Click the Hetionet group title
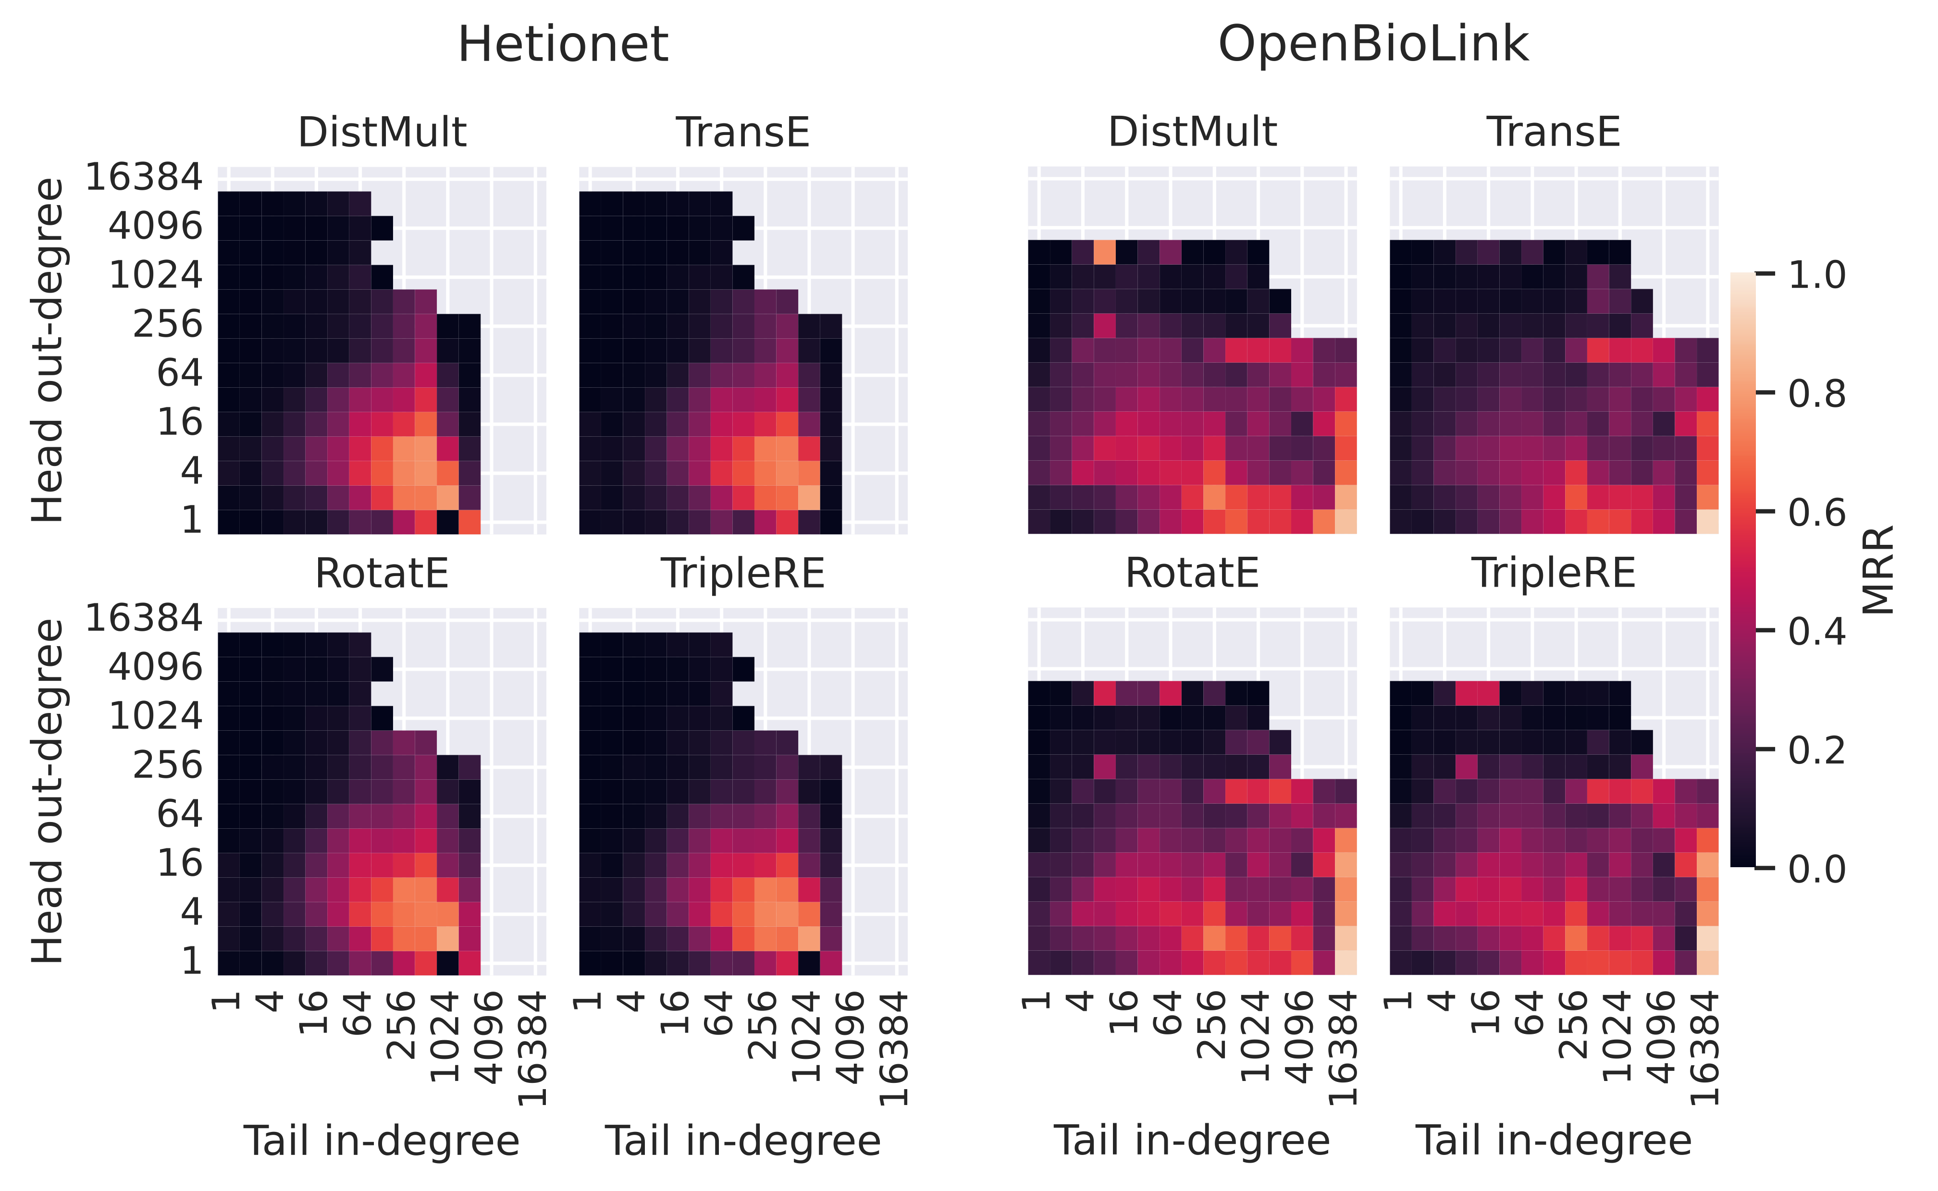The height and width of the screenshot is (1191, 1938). [563, 44]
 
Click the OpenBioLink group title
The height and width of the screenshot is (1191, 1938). [1373, 44]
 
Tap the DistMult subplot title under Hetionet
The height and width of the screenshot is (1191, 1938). [382, 132]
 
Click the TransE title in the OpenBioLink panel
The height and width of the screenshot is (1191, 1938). [1554, 132]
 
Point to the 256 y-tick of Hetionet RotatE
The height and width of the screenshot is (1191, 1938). [167, 765]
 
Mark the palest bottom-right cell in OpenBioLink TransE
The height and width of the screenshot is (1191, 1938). [1707, 521]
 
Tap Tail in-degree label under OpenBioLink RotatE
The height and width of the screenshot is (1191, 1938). [1192, 1141]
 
